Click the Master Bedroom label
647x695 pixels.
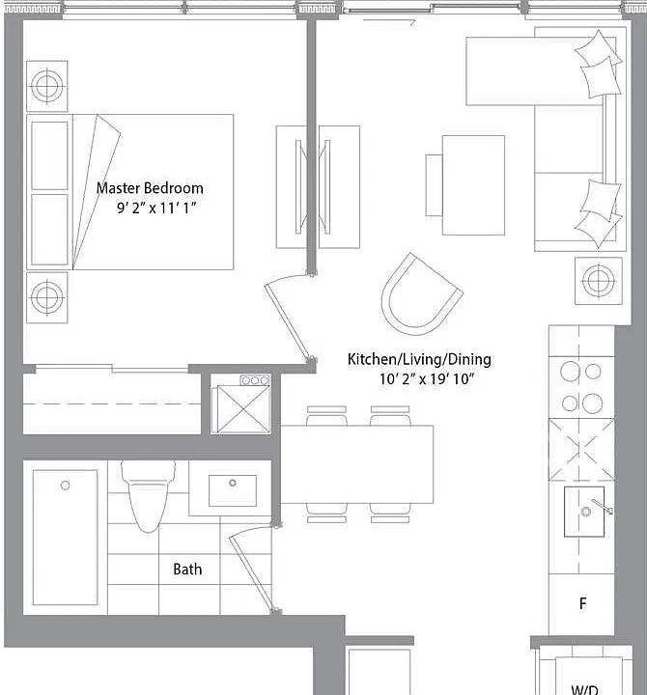pyautogui.click(x=150, y=188)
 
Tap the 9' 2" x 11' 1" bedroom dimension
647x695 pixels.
pyautogui.click(x=156, y=208)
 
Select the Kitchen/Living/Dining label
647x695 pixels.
pyautogui.click(x=419, y=359)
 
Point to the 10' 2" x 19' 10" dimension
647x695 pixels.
pyautogui.click(x=427, y=379)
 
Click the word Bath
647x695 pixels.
pyautogui.click(x=187, y=570)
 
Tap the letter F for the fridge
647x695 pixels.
pyautogui.click(x=582, y=603)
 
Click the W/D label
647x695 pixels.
pyautogui.click(x=584, y=689)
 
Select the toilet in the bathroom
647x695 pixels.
pyautogui.click(x=149, y=495)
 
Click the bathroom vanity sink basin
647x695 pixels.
pyautogui.click(x=233, y=490)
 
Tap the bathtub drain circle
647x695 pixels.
pyautogui.click(x=66, y=486)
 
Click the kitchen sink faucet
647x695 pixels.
pyautogui.click(x=602, y=506)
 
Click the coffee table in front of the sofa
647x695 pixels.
pyautogui.click(x=473, y=185)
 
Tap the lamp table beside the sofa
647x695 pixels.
pyautogui.click(x=598, y=281)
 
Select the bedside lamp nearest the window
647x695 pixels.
pyautogui.click(x=47, y=86)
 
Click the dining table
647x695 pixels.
pyautogui.click(x=357, y=464)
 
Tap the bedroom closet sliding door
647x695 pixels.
pyautogui.click(x=112, y=368)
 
